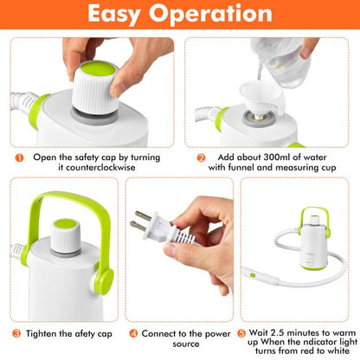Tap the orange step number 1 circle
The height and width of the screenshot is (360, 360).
click(18, 157)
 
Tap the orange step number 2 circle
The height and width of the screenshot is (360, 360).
click(200, 157)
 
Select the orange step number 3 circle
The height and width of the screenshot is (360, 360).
click(17, 332)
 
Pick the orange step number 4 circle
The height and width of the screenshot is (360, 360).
click(134, 332)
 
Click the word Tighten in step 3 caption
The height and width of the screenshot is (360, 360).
click(42, 332)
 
